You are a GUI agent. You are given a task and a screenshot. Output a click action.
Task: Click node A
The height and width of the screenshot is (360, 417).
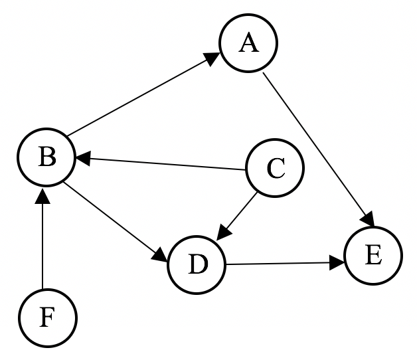(248, 44)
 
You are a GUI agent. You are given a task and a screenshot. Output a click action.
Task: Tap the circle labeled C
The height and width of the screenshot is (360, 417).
(275, 169)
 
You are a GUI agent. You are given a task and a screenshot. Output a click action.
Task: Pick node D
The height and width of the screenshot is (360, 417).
(197, 264)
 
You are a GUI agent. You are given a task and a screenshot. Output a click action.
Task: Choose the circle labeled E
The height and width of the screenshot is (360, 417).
(373, 256)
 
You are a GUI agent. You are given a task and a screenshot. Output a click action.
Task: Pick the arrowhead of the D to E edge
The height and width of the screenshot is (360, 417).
(337, 263)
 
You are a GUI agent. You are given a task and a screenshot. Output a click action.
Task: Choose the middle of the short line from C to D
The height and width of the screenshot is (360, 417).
(239, 214)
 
